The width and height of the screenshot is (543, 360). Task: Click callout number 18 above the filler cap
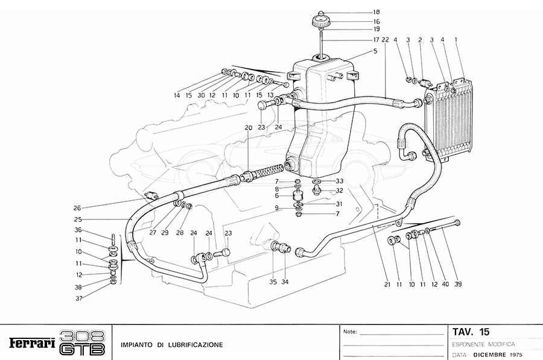[x=359, y=12]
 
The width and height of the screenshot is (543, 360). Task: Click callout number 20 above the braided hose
[x=248, y=127]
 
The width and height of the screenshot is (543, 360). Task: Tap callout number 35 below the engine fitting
[x=273, y=281]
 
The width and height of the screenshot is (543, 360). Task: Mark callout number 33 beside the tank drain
[x=340, y=181]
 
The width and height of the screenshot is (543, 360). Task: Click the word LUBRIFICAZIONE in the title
[x=195, y=345]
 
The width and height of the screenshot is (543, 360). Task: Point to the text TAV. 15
[x=471, y=332]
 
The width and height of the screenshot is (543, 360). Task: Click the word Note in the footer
[x=350, y=332]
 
